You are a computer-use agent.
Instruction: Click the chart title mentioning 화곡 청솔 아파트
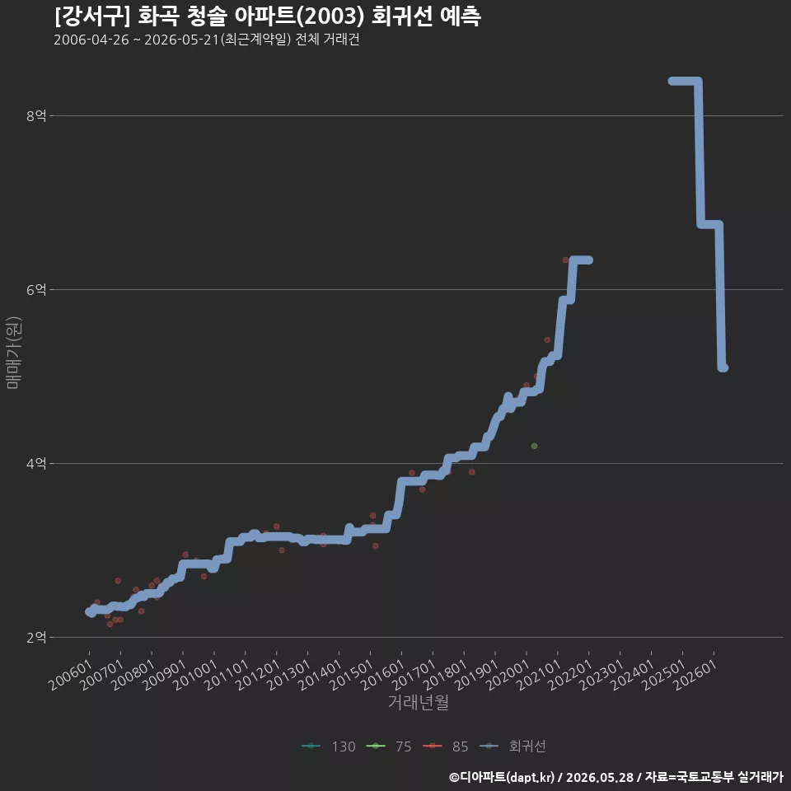267,16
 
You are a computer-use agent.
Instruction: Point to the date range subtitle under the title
206,40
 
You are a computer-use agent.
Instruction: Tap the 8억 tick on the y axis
36,116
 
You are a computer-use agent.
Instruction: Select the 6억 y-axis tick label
36,289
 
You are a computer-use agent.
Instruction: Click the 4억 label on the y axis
36,463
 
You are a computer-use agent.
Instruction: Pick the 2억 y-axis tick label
36,637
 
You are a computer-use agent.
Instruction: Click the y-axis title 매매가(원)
14,353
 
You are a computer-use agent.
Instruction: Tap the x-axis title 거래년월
419,702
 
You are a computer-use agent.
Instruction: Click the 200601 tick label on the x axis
71,675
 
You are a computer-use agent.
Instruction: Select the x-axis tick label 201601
383,675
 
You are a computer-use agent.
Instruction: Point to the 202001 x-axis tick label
508,675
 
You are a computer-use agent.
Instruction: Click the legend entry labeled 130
329,747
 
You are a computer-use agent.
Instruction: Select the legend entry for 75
388,747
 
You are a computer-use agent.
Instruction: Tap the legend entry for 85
446,747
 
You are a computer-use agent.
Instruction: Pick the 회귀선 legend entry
512,747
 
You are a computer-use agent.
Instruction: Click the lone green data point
534,446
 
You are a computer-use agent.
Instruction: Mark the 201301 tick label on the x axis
289,675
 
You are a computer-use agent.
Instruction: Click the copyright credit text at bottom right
616,777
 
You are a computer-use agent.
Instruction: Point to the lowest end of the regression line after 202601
723,367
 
